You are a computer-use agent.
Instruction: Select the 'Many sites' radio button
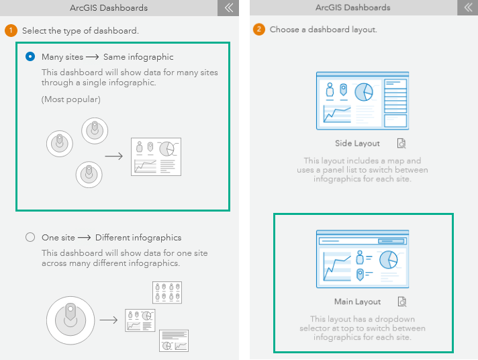point(30,57)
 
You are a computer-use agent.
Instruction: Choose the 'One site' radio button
point(30,237)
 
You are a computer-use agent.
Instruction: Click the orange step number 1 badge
point(11,31)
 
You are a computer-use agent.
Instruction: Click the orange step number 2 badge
point(258,30)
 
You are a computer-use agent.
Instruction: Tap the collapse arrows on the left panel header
point(228,8)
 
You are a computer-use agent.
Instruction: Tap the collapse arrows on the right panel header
point(468,8)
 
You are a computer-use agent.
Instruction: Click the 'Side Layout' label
point(357,144)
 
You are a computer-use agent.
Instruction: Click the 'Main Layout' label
point(357,302)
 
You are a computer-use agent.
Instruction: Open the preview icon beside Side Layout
point(401,144)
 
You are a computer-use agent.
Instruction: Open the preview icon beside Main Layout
point(401,302)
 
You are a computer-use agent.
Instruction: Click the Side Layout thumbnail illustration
point(363,101)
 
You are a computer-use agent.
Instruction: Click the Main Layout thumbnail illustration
point(363,259)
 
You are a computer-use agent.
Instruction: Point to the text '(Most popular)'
point(70,99)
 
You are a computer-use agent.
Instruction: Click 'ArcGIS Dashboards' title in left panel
point(109,8)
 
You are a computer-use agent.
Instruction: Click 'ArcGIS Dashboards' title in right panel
point(352,8)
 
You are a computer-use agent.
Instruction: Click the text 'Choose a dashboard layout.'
point(324,30)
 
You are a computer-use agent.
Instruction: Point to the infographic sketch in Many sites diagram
point(156,156)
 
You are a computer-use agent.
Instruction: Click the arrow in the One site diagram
point(109,320)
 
